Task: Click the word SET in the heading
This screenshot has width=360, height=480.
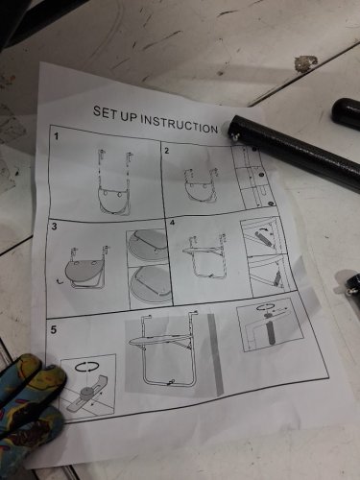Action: pos(103,112)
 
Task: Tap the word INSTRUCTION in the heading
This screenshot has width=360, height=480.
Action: pos(180,124)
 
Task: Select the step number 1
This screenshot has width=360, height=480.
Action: pos(57,137)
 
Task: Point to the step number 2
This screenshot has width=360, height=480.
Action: pos(166,151)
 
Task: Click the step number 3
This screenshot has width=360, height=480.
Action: pos(54,227)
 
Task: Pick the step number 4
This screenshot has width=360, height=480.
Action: pos(173,222)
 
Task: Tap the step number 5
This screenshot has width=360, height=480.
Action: pos(54,330)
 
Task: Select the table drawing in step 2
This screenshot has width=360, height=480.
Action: pos(202,185)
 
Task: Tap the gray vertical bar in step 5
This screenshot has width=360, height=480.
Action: pos(215,354)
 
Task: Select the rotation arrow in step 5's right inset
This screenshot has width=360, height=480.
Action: pos(266,307)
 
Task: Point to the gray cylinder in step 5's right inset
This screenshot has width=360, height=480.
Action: pos(270,333)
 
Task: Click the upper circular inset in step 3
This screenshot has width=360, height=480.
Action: pos(148,245)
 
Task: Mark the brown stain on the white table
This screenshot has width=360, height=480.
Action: pos(306,63)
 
